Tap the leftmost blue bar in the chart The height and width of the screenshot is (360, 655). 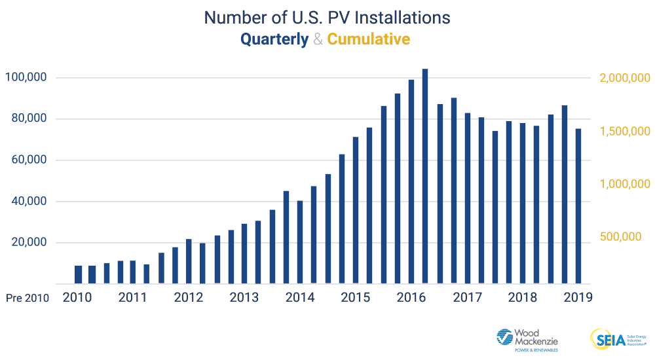[x=78, y=274]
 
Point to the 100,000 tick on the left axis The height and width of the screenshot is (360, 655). [x=26, y=77]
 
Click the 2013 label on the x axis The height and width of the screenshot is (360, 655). [x=244, y=297]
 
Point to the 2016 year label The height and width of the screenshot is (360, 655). [x=411, y=297]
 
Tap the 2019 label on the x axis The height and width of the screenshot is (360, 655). [x=578, y=297]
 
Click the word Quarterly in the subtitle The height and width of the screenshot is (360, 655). [x=274, y=39]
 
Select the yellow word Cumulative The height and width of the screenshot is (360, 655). [x=369, y=39]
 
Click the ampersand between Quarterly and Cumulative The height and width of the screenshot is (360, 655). [x=318, y=39]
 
